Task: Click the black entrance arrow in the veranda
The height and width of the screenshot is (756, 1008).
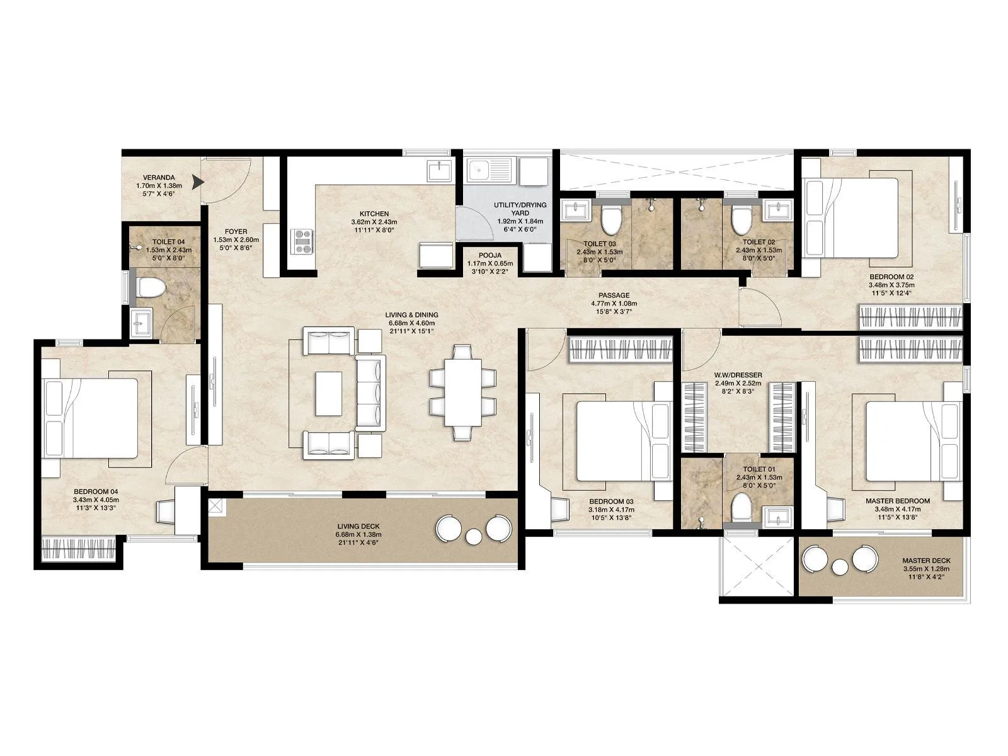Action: pos(198,183)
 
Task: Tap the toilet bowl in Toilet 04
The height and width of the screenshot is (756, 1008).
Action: pos(151,289)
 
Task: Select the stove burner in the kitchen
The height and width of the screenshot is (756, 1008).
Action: pos(302,242)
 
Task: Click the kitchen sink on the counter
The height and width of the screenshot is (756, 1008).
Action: pos(438,169)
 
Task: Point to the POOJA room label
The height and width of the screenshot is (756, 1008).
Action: pos(490,255)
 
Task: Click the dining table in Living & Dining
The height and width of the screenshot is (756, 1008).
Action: pos(462,392)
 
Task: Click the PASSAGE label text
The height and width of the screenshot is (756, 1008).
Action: pos(614,295)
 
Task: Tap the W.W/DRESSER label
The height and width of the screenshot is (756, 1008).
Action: pos(738,375)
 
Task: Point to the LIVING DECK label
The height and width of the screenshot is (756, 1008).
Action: pos(358,526)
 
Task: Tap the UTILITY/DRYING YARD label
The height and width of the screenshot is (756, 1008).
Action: pos(520,209)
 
